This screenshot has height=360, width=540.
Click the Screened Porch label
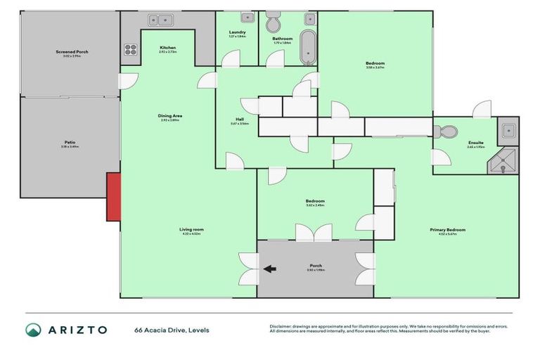tap(72, 52)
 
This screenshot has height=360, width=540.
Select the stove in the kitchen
tap(131, 49)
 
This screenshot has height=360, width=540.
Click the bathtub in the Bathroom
tap(308, 47)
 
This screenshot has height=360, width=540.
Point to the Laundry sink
tap(247, 18)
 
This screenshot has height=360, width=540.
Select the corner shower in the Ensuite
tap(505, 161)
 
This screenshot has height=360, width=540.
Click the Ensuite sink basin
tap(508, 129)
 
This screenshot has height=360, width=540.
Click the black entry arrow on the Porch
tap(270, 268)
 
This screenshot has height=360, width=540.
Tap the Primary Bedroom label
tap(448, 230)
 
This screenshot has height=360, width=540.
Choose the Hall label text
tap(240, 119)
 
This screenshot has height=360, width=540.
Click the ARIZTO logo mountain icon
tap(33, 330)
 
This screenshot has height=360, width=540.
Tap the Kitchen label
tap(168, 47)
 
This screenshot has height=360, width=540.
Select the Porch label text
tap(315, 265)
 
